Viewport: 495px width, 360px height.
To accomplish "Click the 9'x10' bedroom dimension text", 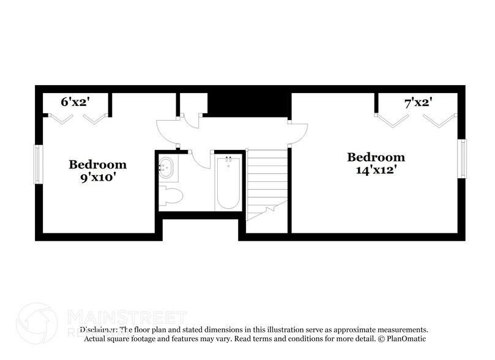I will coord(97,178).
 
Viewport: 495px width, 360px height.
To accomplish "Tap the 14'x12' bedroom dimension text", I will coord(376,170).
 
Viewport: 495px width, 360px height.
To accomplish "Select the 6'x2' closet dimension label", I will coord(74,103).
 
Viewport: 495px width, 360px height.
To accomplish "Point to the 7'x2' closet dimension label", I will coord(418,103).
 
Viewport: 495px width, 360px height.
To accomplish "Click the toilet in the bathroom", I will coord(171,197).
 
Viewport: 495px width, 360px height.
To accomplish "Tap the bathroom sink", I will coord(166,167).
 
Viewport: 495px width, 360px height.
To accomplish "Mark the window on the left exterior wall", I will coord(37,164).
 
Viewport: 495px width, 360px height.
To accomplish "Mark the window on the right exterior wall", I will coord(463,159).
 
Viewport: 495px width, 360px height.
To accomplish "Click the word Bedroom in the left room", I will coord(97,164).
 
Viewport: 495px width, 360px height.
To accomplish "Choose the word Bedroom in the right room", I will coord(376,157).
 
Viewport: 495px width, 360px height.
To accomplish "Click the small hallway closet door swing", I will coord(192,120).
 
